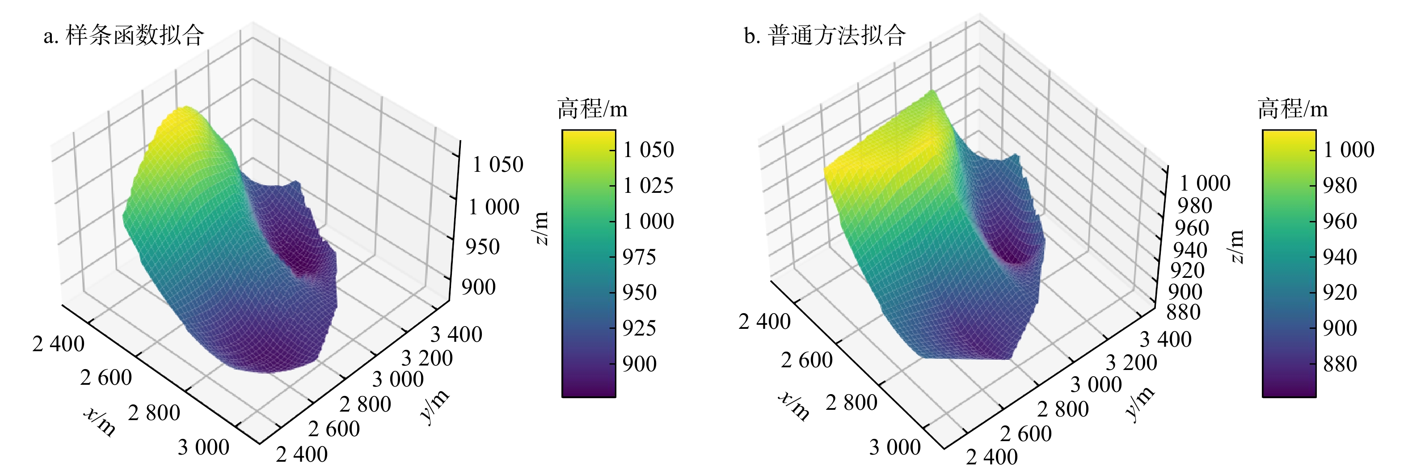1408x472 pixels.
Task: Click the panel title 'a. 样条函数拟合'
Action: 124,35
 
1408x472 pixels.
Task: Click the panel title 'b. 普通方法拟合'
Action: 825,35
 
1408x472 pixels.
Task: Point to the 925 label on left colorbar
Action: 640,328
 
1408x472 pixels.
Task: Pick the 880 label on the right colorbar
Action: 1340,364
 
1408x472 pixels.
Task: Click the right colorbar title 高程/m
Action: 1293,109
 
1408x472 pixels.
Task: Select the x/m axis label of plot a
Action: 100,421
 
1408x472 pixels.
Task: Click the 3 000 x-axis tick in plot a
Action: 203,447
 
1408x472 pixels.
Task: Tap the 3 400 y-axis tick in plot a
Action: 456,334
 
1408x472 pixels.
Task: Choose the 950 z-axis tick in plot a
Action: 483,247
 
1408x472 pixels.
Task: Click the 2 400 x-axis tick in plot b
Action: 764,322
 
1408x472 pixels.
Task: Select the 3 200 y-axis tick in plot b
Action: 1131,363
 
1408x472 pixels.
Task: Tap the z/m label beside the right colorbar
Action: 1236,246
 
